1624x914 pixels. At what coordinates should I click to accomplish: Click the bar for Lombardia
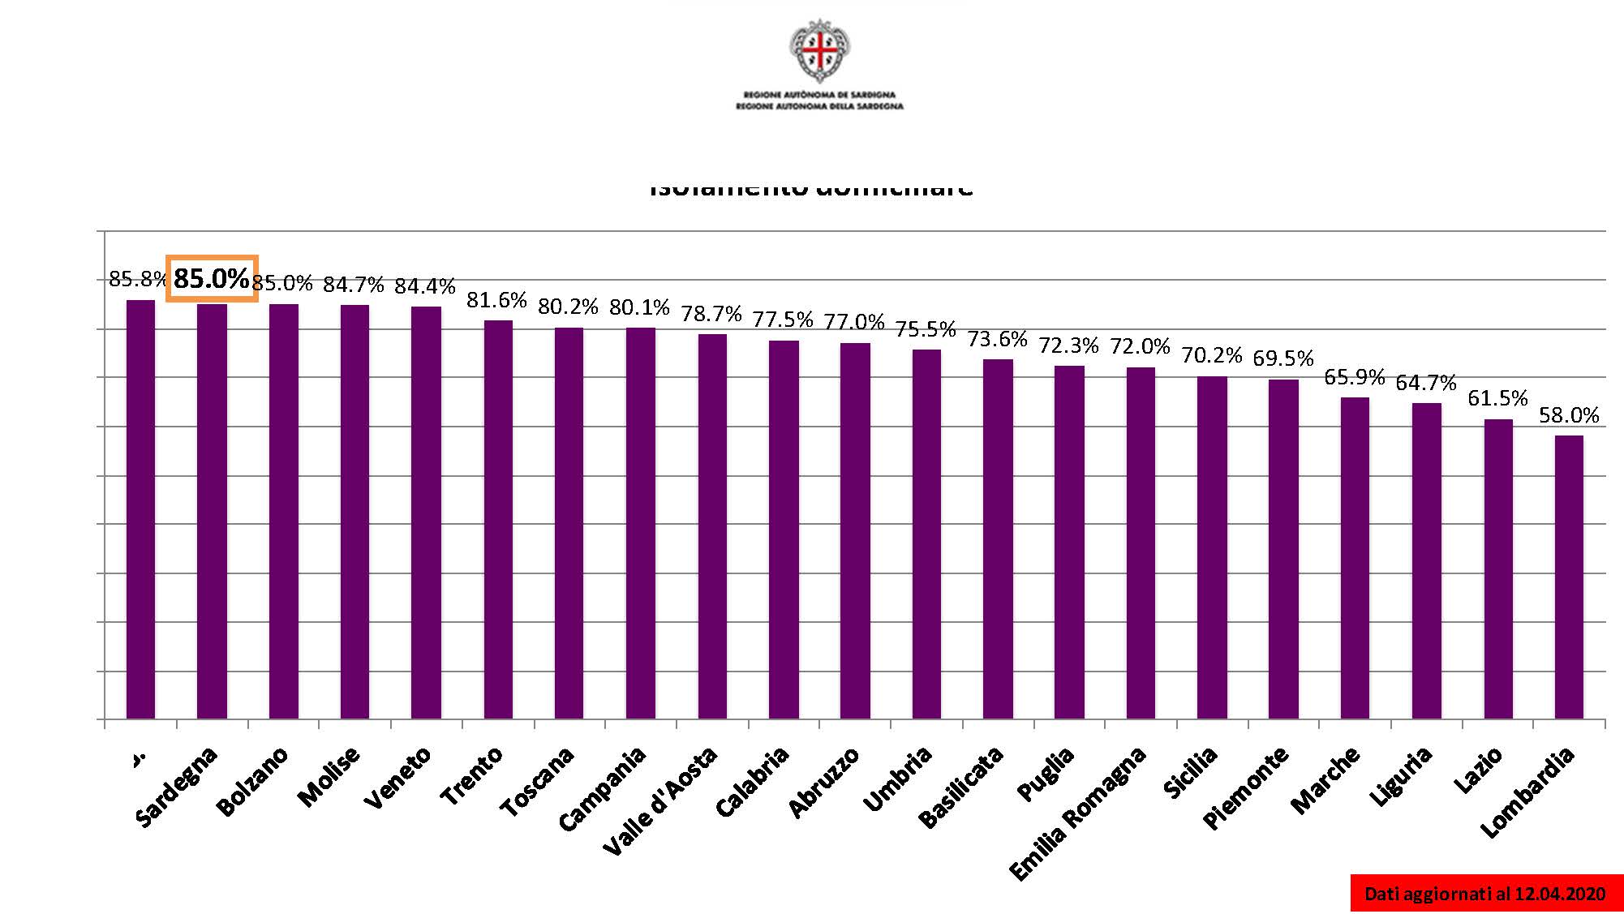1569,577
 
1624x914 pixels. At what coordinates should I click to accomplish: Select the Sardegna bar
212,511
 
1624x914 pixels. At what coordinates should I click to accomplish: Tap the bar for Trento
498,519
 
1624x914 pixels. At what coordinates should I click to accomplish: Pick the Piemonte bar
1283,549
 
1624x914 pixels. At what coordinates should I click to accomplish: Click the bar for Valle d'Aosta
712,526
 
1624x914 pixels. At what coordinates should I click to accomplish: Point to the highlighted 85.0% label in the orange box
212,279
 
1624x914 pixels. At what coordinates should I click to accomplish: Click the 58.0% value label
1569,415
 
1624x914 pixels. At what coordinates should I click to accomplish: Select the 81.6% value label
496,300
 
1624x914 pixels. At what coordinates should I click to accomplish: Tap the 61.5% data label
1497,398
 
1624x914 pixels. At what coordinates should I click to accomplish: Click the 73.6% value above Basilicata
997,338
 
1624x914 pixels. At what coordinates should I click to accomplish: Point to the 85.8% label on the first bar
136,280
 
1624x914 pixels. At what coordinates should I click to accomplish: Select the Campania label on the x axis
604,788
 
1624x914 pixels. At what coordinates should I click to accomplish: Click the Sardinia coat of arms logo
819,51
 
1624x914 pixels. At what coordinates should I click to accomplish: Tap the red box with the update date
1485,893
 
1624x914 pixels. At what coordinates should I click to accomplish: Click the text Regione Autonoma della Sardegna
819,106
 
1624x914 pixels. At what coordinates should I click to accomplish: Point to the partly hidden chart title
811,190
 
